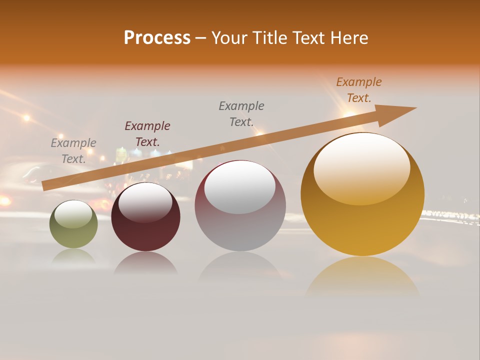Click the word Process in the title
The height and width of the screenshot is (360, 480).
coord(157,38)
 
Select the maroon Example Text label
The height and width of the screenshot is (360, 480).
coord(147,134)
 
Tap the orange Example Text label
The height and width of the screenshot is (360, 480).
coord(359,90)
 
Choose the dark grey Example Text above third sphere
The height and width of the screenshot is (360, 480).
coord(241,114)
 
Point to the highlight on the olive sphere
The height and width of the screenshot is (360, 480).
coord(73,214)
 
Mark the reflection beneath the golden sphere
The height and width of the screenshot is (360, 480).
coord(362,277)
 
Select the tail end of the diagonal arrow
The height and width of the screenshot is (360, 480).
coord(45,185)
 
